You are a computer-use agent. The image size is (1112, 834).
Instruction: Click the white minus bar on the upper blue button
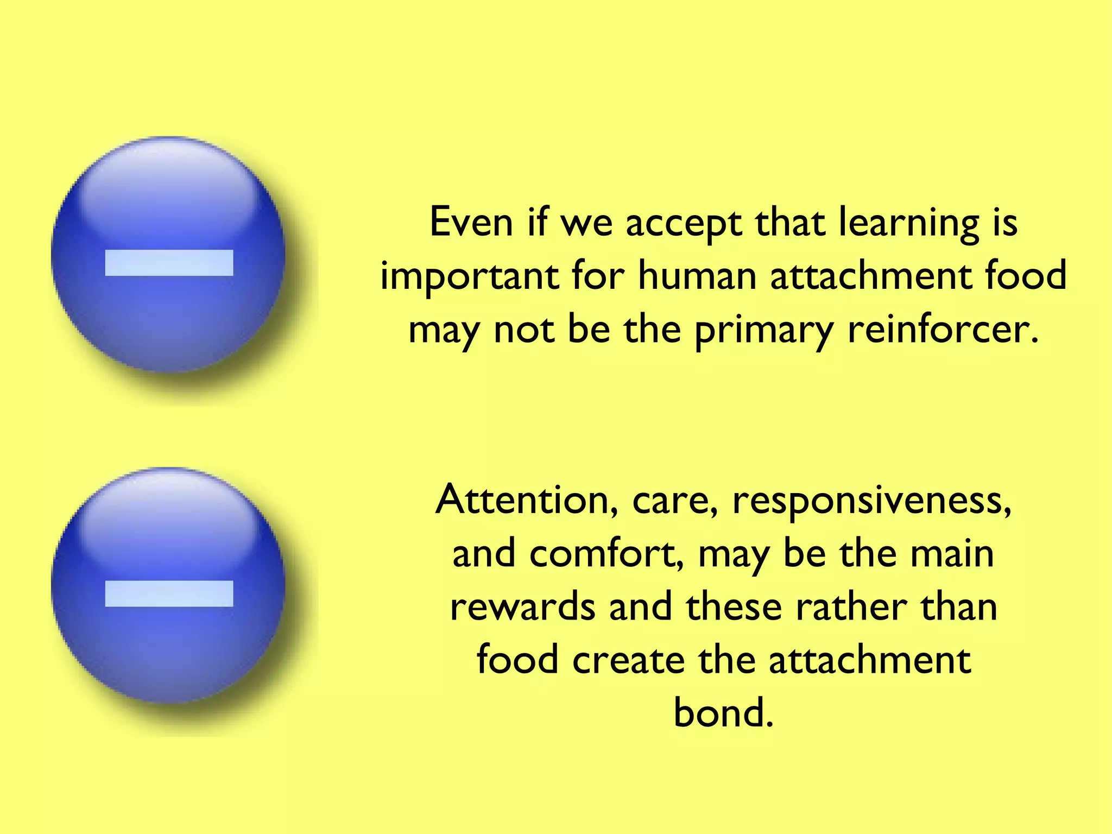point(169,263)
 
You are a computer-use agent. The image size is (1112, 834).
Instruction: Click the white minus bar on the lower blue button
point(169,593)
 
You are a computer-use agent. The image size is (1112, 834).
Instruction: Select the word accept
point(684,224)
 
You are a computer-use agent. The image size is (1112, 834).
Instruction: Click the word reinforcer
point(943,330)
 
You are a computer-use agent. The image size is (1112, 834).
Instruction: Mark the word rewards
point(522,607)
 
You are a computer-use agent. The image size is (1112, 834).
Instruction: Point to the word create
point(628,660)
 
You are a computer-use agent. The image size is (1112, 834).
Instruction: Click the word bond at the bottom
point(723,712)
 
